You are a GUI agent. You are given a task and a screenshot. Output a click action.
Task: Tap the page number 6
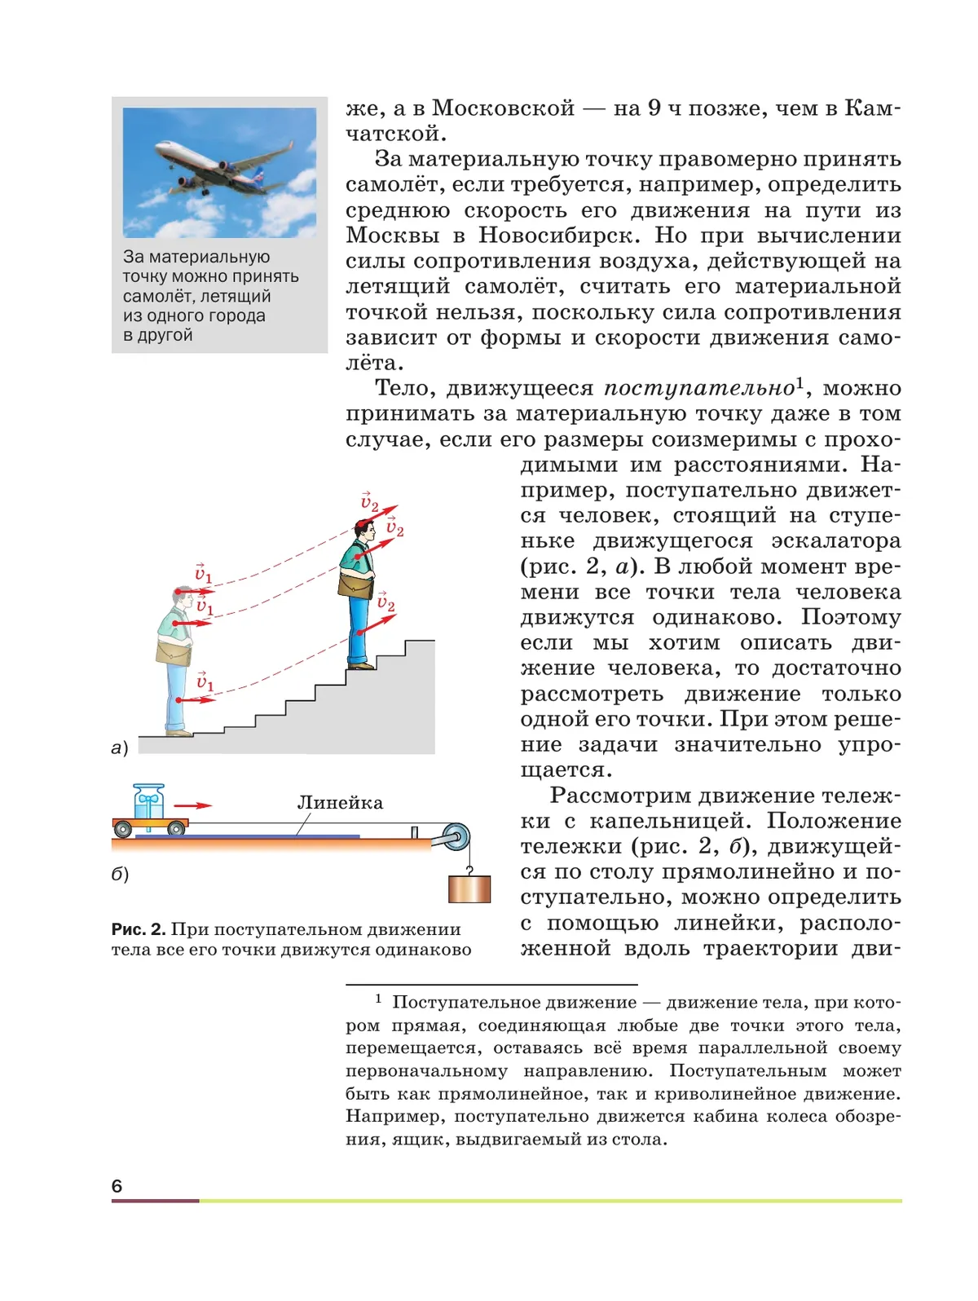pos(117,1185)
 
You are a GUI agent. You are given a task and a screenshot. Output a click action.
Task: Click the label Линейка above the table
pos(340,802)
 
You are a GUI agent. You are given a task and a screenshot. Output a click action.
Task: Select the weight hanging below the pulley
pos(469,889)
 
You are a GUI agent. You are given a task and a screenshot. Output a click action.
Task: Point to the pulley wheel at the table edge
pos(453,837)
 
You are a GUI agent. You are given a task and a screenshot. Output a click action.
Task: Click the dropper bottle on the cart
pos(148,801)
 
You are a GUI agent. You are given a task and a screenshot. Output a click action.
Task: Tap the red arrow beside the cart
pos(194,805)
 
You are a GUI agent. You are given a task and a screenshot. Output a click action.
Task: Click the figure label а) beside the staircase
pos(120,748)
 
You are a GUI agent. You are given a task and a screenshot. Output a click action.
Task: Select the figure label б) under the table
pos(120,874)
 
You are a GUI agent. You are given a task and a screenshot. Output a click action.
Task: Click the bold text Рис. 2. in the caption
pos(139,929)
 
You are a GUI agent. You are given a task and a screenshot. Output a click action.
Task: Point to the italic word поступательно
pos(699,388)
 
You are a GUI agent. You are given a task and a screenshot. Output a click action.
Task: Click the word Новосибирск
pos(556,236)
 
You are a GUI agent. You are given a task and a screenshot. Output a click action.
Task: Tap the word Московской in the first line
pos(503,108)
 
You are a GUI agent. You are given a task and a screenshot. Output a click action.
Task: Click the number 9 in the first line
pos(654,108)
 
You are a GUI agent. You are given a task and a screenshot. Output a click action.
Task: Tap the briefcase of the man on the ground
pos(174,652)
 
